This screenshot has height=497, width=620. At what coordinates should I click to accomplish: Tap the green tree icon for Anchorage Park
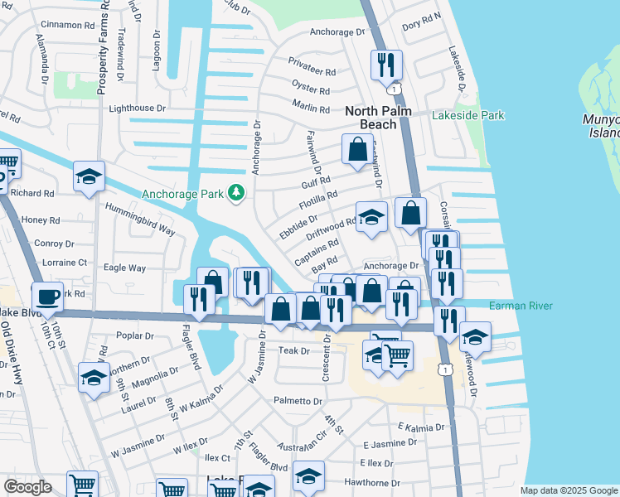click(237, 193)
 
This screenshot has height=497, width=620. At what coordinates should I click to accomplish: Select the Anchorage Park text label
click(183, 194)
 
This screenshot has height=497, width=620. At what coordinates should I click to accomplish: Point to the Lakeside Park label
click(467, 115)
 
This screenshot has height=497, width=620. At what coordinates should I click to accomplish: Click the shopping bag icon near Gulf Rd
click(357, 151)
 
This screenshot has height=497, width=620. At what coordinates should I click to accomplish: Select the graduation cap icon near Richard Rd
click(89, 176)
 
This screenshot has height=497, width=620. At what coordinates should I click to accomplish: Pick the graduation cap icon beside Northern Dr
click(94, 378)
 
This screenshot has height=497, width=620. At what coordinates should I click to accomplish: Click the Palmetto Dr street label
click(298, 401)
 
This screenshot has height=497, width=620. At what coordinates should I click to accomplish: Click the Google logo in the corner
click(27, 487)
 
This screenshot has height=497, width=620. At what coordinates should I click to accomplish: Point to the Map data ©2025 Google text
click(568, 490)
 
